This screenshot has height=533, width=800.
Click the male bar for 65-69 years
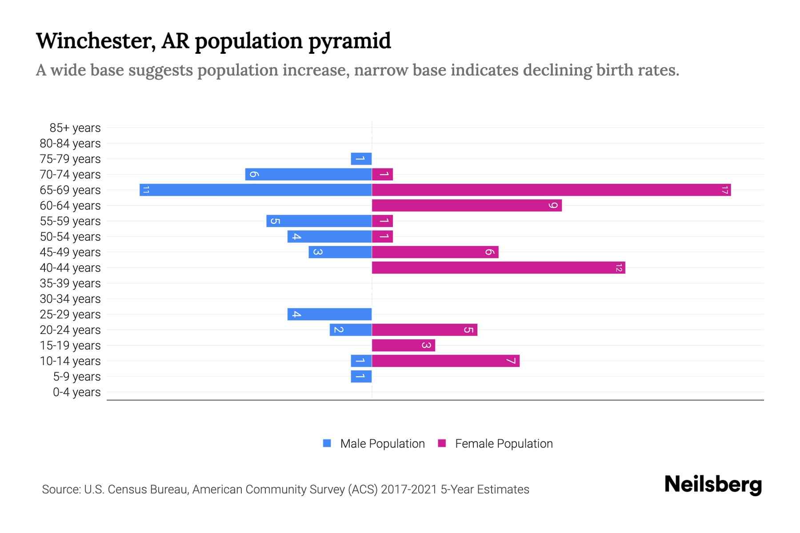256,190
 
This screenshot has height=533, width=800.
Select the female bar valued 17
551,190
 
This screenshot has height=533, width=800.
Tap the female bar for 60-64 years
467,205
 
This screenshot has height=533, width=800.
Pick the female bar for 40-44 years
498,267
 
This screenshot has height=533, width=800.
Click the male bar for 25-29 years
329,314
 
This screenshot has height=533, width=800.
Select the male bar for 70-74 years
308,174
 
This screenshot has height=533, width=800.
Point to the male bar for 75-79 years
361,159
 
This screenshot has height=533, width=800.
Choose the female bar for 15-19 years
404,345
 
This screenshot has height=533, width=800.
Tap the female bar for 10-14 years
446,361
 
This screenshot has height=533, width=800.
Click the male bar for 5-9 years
361,376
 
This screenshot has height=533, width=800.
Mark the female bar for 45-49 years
435,252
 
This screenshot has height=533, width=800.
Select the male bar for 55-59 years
319,221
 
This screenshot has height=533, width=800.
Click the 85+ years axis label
75,128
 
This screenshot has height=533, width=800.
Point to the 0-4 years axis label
76,392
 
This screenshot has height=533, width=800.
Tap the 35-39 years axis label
70,283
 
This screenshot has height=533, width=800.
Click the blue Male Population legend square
327,443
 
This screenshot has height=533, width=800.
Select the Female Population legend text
504,444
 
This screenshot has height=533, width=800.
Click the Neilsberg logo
713,484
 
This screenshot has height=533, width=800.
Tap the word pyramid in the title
349,41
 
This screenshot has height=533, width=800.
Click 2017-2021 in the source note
409,489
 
